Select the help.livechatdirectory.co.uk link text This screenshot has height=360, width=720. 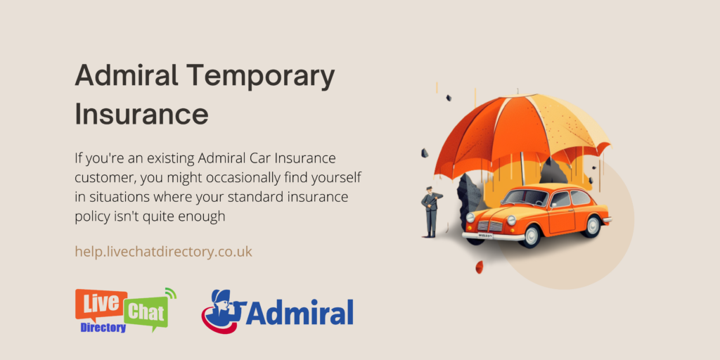click(x=163, y=251)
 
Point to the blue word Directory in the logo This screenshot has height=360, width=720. click(x=103, y=328)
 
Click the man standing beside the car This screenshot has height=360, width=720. click(x=430, y=212)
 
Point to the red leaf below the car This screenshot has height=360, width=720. click(x=479, y=266)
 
